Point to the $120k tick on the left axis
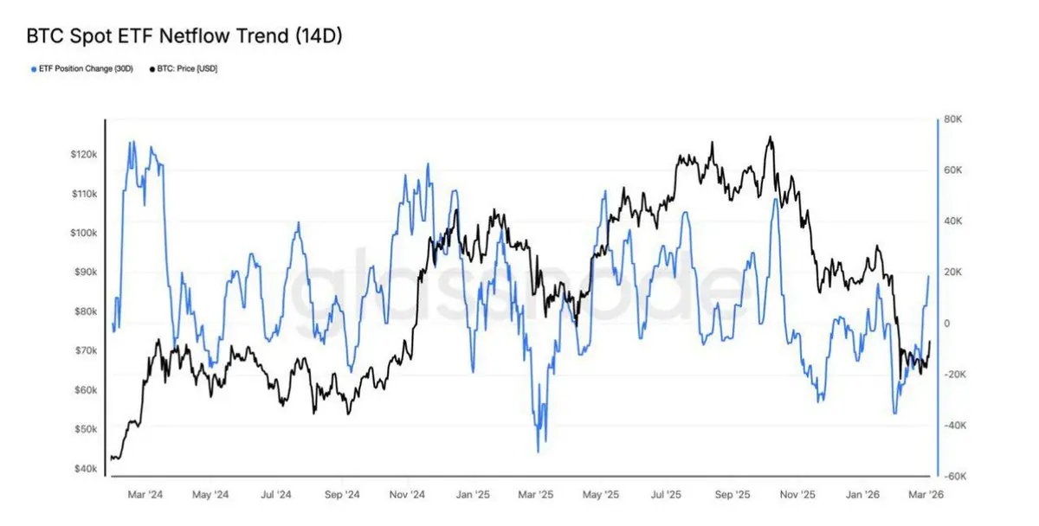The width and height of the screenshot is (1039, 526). tap(84, 154)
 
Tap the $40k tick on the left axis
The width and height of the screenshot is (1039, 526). tap(86, 469)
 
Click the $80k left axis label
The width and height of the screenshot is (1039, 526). tap(86, 311)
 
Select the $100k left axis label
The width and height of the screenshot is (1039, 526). tap(84, 233)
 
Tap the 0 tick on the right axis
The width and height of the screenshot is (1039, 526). tap(948, 324)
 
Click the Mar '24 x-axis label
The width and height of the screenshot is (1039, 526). tap(144, 495)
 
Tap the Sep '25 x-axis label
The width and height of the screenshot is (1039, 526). tap(732, 495)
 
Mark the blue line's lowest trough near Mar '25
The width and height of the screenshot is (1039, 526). tap(539, 452)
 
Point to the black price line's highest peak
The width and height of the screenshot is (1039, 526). tap(769, 137)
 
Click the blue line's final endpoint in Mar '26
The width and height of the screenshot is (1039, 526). tap(929, 276)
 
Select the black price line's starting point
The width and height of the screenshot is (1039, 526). tap(112, 459)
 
